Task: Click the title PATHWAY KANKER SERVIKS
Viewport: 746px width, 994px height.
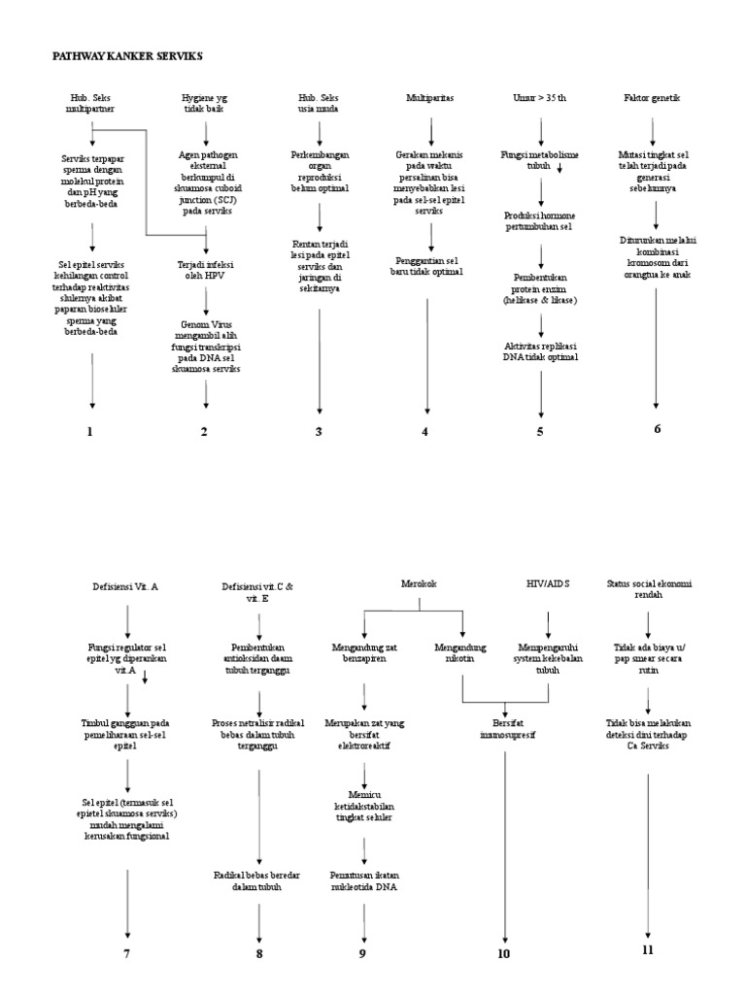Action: pyautogui.click(x=126, y=56)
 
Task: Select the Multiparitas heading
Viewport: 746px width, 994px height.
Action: pyautogui.click(x=429, y=99)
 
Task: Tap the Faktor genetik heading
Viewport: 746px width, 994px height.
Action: pyautogui.click(x=653, y=99)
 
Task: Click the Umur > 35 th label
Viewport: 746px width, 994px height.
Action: pyautogui.click(x=539, y=99)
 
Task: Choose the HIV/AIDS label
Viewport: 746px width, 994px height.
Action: pyautogui.click(x=548, y=583)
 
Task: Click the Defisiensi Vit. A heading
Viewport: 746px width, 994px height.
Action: pyautogui.click(x=127, y=588)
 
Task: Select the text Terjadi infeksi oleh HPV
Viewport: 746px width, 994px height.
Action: pyautogui.click(x=205, y=270)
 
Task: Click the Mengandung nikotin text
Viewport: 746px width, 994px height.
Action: pyautogui.click(x=462, y=650)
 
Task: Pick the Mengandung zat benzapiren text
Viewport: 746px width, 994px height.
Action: pyautogui.click(x=364, y=650)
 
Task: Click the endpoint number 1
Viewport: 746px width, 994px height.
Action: pyautogui.click(x=89, y=432)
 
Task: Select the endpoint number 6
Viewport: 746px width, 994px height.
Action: pyautogui.click(x=657, y=429)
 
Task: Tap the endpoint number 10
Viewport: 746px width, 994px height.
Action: pyautogui.click(x=504, y=953)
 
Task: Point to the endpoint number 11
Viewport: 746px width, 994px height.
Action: pyautogui.click(x=649, y=950)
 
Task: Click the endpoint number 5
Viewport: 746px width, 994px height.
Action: pyautogui.click(x=540, y=432)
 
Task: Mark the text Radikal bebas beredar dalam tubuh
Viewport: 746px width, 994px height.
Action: pyautogui.click(x=258, y=881)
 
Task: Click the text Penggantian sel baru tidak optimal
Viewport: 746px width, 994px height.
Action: pyautogui.click(x=428, y=266)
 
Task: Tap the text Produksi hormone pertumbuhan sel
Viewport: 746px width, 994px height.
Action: pyautogui.click(x=540, y=219)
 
